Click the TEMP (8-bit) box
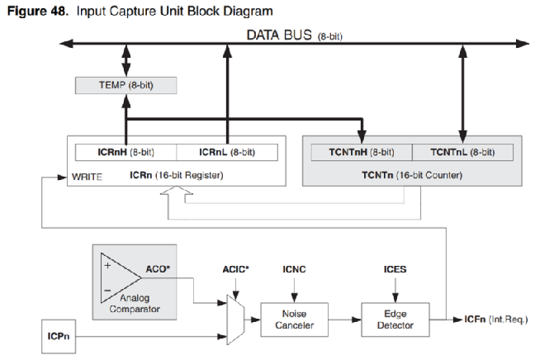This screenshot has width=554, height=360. click(x=125, y=86)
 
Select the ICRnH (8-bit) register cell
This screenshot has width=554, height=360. click(x=125, y=152)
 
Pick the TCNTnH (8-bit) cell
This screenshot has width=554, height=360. click(x=361, y=152)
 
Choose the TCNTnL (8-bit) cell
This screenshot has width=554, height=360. click(x=462, y=152)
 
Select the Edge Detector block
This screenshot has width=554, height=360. click(x=395, y=320)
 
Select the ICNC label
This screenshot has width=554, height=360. click(x=295, y=269)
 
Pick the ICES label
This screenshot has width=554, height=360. click(x=395, y=269)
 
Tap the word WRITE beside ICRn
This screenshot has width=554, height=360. click(x=88, y=176)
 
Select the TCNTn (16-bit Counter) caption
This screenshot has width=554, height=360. click(x=411, y=176)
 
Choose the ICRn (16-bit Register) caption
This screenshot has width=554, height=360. click(x=175, y=175)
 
